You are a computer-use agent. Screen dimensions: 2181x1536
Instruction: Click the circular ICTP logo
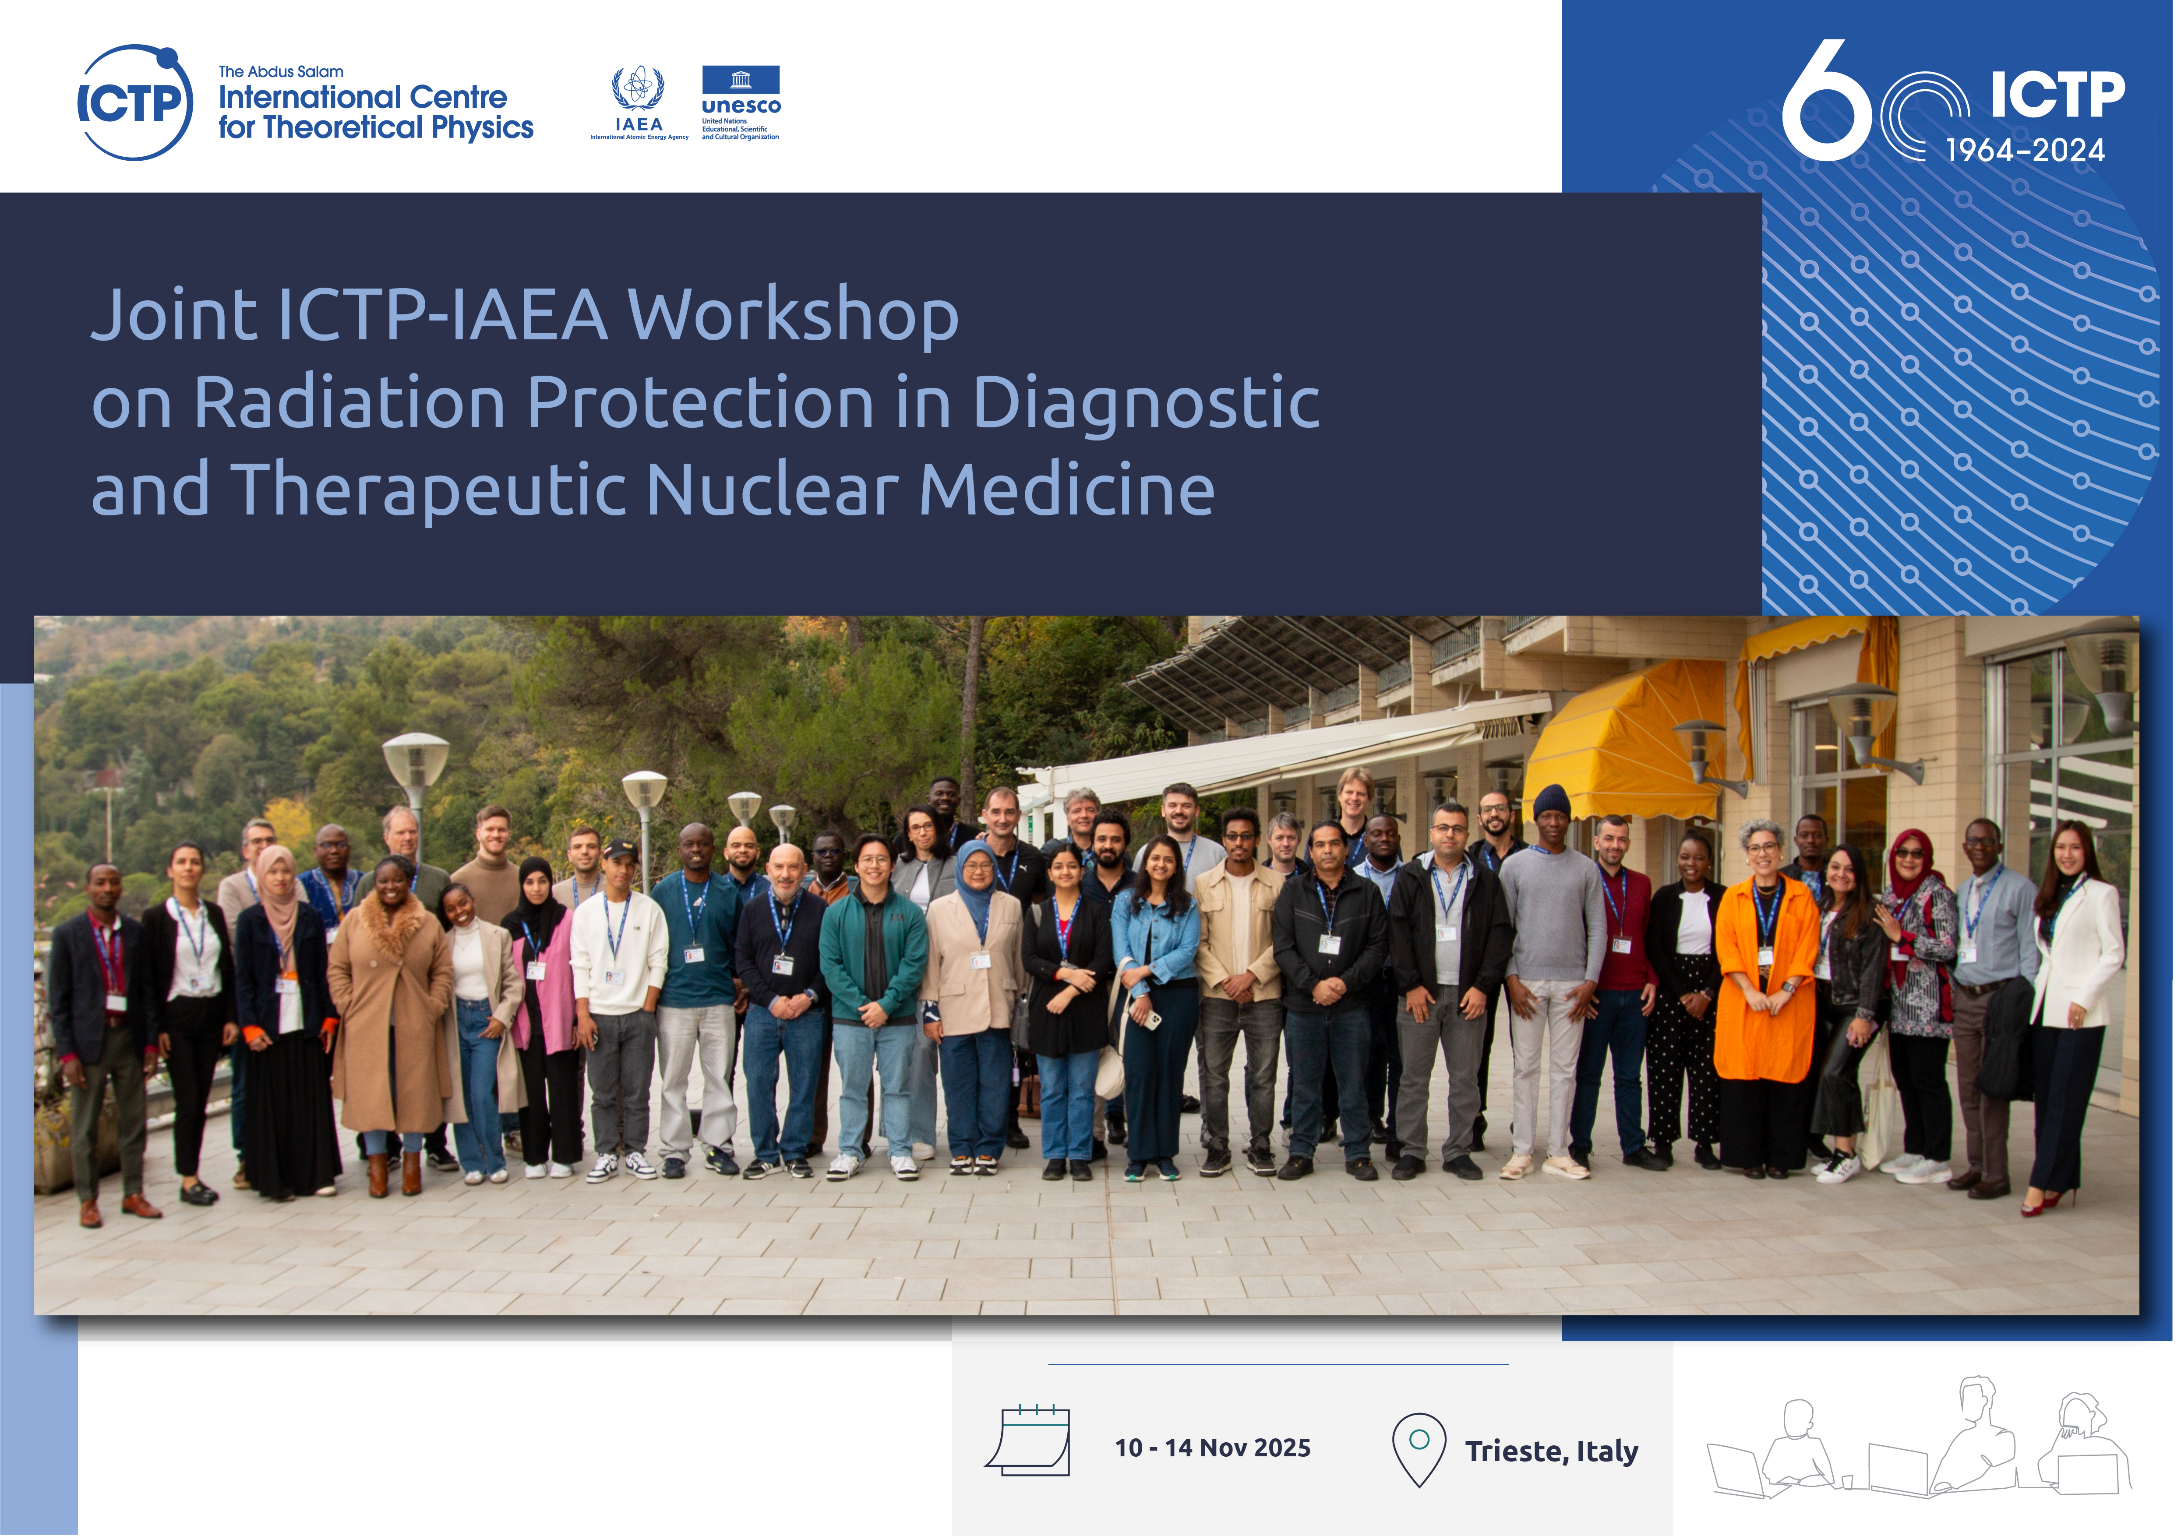135,102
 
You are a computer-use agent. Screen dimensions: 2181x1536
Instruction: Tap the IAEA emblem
639,102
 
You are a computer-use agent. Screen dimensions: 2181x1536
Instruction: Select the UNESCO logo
741,102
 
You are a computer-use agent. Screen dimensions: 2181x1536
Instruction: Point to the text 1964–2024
2025,150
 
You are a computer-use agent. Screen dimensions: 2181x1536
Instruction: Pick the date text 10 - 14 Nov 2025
1212,1448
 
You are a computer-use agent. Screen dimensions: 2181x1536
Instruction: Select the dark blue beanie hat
1552,802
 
